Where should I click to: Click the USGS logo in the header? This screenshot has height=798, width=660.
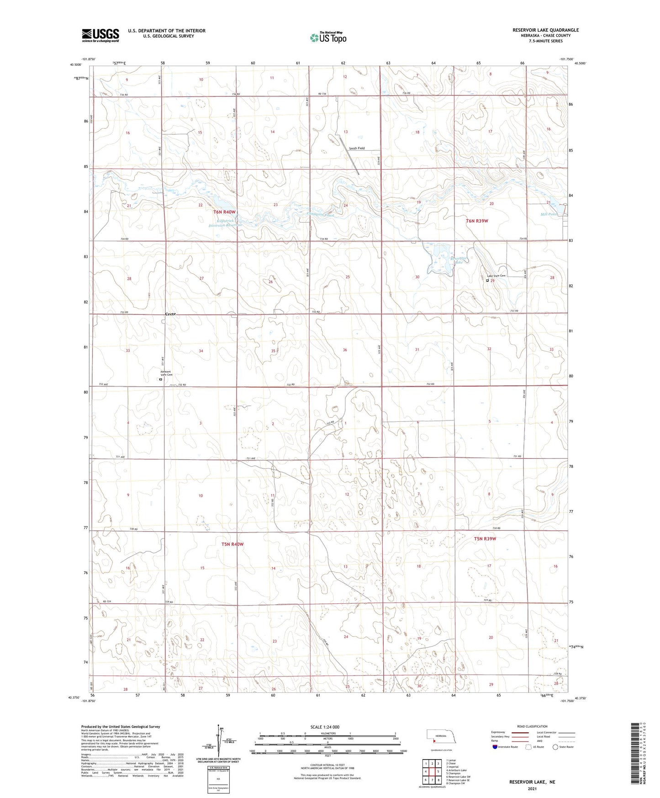point(100,35)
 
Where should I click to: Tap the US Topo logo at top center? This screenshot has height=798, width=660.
point(328,37)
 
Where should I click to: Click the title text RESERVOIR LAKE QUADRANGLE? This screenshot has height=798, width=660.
point(545,30)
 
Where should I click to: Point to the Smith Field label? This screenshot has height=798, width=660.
point(357,149)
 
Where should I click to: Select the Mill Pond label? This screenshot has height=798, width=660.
point(548,214)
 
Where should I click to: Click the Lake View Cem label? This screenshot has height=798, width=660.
point(496,276)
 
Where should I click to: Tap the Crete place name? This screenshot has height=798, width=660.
point(170,314)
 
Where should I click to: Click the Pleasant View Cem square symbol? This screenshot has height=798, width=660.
point(161,379)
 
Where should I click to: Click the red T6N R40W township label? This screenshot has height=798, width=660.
point(224,212)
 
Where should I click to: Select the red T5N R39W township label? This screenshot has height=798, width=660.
point(485,538)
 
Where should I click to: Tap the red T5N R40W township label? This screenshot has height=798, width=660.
point(232,544)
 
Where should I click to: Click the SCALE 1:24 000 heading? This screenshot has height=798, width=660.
point(325,727)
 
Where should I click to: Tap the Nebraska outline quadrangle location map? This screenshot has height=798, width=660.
point(441,739)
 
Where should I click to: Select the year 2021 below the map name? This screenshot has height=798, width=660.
point(532,789)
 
